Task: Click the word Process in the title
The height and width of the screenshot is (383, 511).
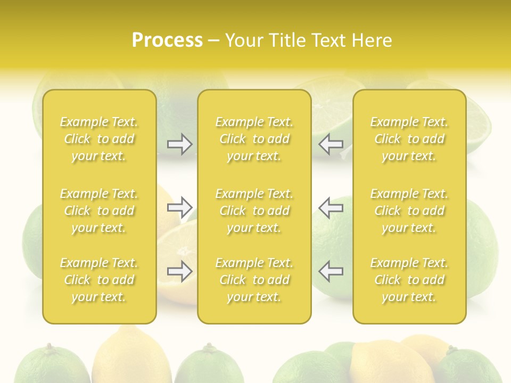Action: coord(167,40)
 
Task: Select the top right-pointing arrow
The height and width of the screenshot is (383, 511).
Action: coord(180,144)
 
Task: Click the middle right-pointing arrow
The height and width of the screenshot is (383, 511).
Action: coord(180,207)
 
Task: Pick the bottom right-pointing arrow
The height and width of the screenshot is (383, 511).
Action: coord(180,272)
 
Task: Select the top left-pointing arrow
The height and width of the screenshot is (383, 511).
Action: coord(331,144)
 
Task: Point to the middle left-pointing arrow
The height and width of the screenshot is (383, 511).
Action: coord(331,207)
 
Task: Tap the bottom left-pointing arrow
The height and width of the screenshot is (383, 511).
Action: coord(331,272)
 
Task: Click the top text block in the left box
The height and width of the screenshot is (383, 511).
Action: coord(99,139)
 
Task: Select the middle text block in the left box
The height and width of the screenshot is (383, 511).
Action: coord(99,211)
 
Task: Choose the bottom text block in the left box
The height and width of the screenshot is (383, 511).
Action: coord(99,280)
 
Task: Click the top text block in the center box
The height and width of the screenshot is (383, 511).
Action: coord(254,139)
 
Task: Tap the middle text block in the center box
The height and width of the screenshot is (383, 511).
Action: coord(254,211)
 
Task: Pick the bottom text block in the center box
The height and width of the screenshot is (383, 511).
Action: coord(254,280)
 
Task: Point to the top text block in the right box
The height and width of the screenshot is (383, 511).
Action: coord(409,139)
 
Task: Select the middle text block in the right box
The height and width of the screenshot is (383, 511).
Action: coord(409,211)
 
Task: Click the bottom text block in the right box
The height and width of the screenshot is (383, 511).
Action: coord(409,280)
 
